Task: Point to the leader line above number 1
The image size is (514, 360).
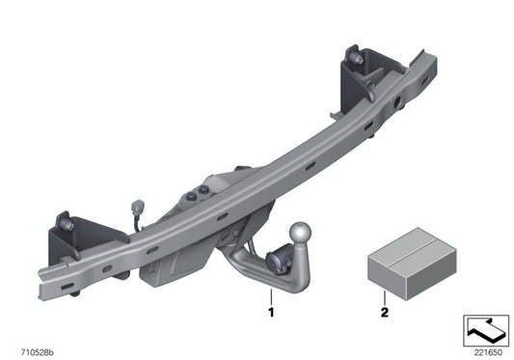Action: click(271, 293)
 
